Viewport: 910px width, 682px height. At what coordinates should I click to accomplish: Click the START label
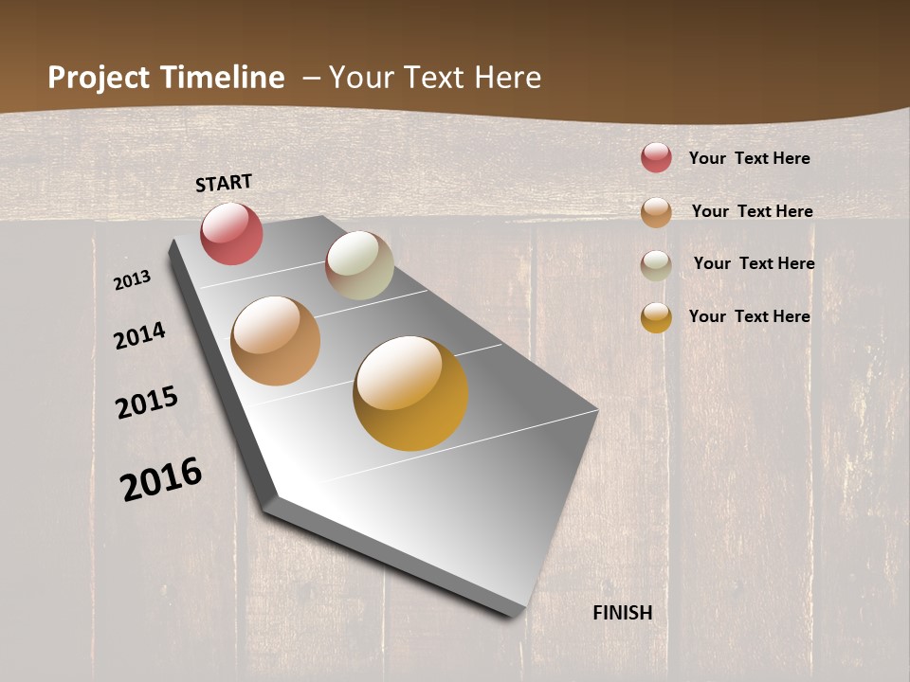(224, 183)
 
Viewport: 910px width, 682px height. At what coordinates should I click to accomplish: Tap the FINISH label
(623, 613)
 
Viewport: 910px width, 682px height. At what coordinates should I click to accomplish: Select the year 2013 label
(132, 280)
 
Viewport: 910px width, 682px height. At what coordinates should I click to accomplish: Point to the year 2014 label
(139, 335)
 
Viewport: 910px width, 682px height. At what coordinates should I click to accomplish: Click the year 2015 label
(147, 402)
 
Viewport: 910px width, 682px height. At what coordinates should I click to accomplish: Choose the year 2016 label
(161, 479)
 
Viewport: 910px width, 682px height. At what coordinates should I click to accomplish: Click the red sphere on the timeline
(231, 233)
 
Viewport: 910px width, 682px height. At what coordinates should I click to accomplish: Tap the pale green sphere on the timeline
(359, 265)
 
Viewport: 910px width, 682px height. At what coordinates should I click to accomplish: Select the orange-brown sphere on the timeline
(275, 341)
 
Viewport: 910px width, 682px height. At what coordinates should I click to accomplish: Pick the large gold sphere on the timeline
(410, 393)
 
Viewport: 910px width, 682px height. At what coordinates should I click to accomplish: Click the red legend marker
(656, 157)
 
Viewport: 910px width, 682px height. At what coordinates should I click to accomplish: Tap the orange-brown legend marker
(656, 211)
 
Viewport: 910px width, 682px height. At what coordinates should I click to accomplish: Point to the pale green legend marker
(656, 264)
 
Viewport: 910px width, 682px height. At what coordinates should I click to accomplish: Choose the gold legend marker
(656, 316)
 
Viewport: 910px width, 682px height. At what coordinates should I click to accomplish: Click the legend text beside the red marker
(749, 158)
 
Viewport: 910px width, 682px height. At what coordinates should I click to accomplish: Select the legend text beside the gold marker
(749, 316)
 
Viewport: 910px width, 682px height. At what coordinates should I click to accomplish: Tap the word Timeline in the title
(222, 78)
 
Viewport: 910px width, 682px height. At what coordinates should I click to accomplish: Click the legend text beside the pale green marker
(754, 263)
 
